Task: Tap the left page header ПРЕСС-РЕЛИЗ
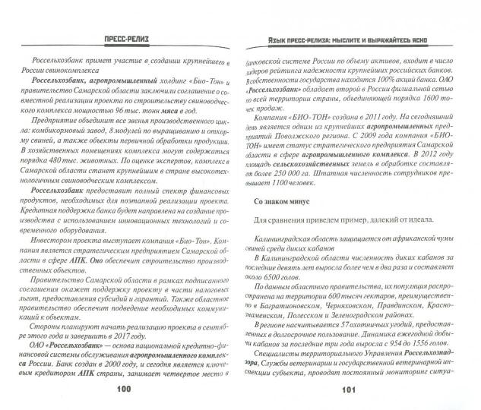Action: [122, 38]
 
